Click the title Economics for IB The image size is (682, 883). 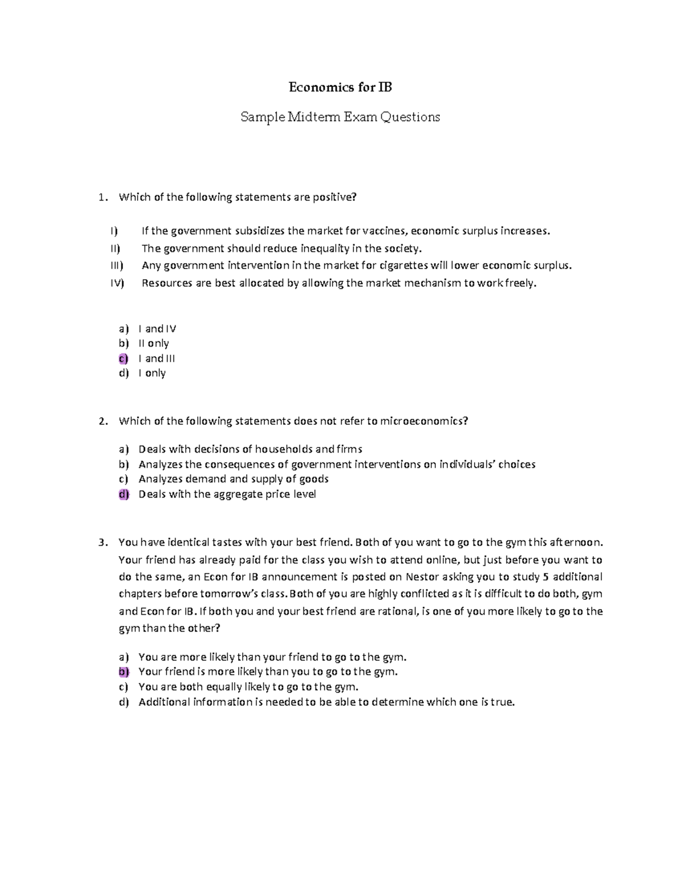tap(340, 87)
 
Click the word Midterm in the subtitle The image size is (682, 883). tap(314, 117)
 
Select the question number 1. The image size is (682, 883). tap(102, 197)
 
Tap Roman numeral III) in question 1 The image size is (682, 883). tap(117, 266)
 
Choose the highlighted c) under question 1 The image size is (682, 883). tap(123, 359)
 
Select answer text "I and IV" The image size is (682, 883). tap(157, 329)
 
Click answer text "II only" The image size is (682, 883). tap(153, 343)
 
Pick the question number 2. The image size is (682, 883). tap(102, 421)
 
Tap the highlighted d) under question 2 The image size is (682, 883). tap(123, 495)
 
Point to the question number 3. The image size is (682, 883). tap(102, 542)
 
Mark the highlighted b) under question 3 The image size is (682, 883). tap(123, 672)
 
